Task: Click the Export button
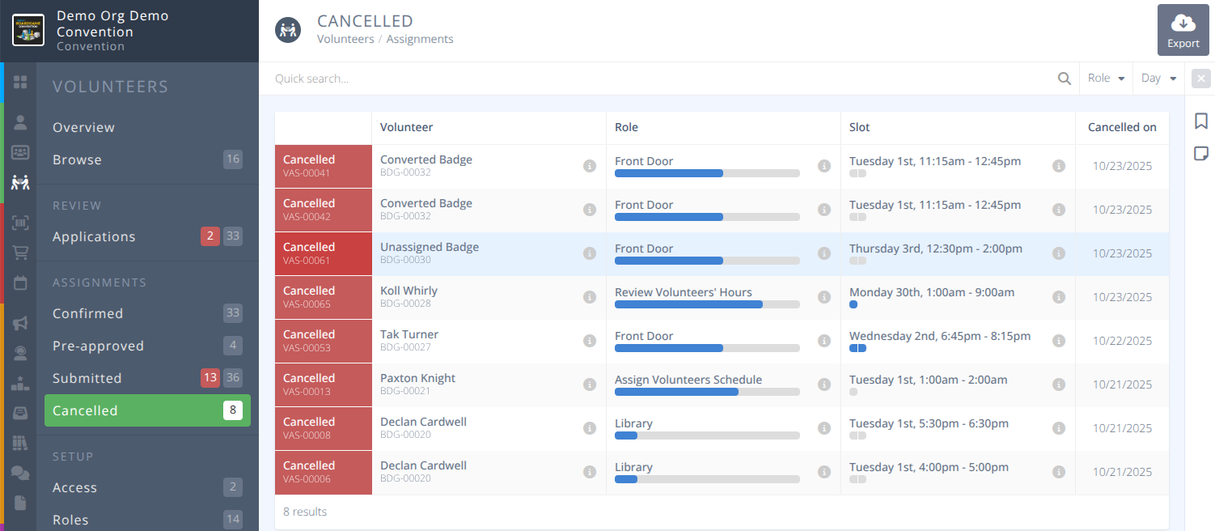tap(1183, 31)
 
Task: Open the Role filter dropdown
tap(1106, 79)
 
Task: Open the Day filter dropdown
tap(1158, 79)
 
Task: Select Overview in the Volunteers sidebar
tap(83, 127)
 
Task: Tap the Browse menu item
tap(77, 159)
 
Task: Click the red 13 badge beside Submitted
tap(210, 378)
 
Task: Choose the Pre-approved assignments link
tap(98, 346)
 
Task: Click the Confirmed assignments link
tap(87, 313)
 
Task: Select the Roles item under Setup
tap(70, 520)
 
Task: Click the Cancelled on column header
tap(1121, 127)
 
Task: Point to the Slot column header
tap(859, 127)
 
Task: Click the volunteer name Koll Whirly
tap(409, 291)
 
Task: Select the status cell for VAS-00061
tap(323, 253)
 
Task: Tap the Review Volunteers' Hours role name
tap(683, 292)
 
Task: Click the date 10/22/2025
tap(1121, 341)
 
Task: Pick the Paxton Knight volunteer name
tap(417, 378)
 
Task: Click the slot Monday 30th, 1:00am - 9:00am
tap(931, 292)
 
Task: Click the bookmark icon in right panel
tap(1200, 121)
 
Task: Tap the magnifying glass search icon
tap(1064, 79)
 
